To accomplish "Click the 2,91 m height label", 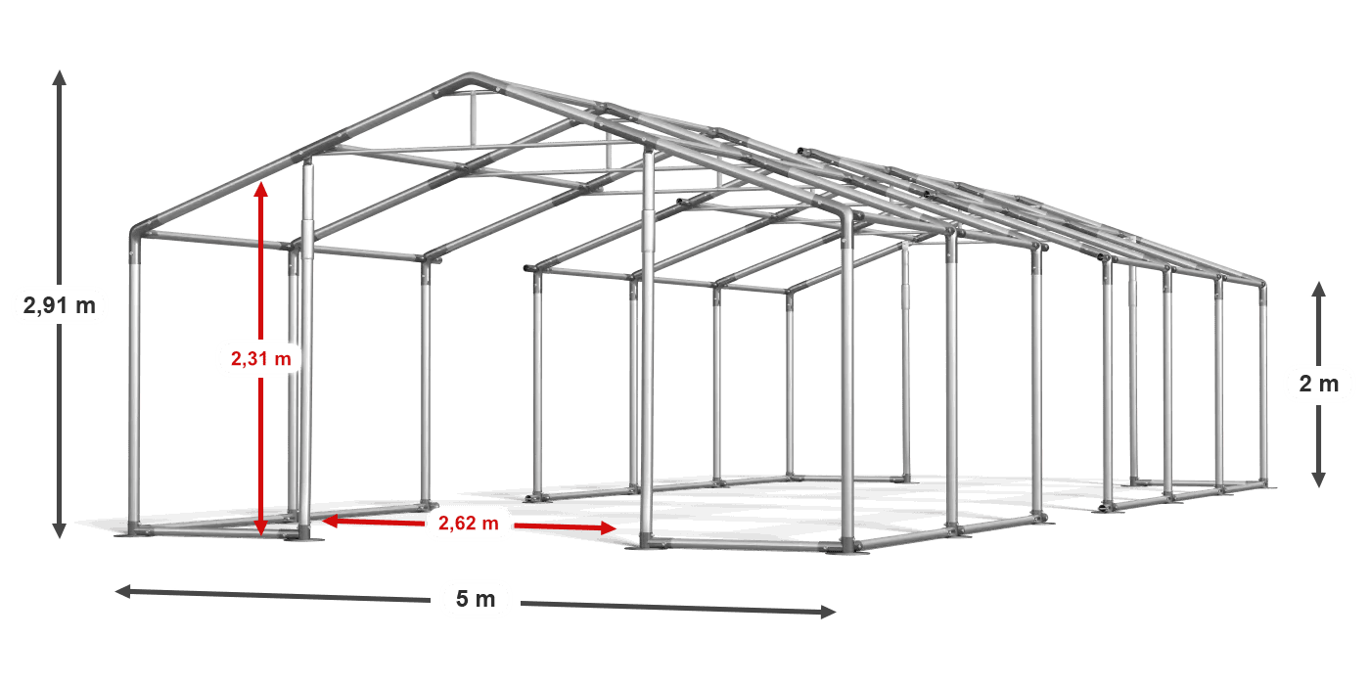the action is click(x=60, y=305).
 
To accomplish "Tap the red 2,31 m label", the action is click(x=261, y=358).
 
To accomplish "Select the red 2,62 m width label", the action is click(x=469, y=523).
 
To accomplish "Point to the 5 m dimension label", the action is click(x=476, y=599).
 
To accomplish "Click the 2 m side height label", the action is click(x=1319, y=384).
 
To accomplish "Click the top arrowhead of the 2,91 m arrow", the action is click(x=60, y=77).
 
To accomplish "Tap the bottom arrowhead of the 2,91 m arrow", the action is click(x=60, y=530).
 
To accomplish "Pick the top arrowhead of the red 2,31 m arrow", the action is click(x=261, y=189).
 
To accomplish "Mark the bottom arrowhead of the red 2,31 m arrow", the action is click(x=261, y=528).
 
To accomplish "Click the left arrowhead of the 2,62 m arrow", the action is click(x=331, y=521).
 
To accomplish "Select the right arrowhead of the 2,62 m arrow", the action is click(x=609, y=527).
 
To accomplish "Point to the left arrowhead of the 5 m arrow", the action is click(x=123, y=591).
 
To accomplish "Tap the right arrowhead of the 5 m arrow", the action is click(x=828, y=612).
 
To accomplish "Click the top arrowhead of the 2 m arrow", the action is click(x=1319, y=290).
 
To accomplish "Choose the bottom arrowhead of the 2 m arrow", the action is click(x=1319, y=480).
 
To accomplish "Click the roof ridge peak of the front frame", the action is click(x=471, y=77).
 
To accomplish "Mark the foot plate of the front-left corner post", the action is click(x=133, y=533).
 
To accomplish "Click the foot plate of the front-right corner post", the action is click(x=847, y=550).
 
